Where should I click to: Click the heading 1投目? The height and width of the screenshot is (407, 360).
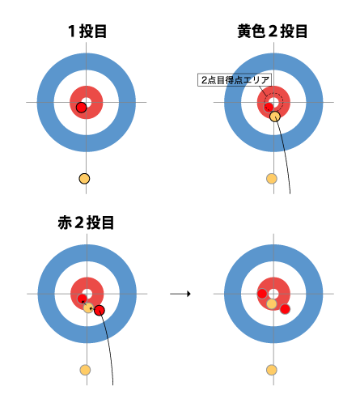pyautogui.click(x=87, y=32)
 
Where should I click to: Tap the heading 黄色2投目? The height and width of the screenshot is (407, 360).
pyautogui.click(x=273, y=32)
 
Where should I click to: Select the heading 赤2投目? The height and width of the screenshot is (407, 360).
pyautogui.click(x=86, y=223)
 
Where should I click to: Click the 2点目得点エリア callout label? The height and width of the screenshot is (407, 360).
pyautogui.click(x=235, y=80)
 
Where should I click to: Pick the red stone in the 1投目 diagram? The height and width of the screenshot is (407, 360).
pyautogui.click(x=81, y=108)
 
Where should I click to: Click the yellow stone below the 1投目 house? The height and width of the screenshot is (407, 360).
pyautogui.click(x=84, y=179)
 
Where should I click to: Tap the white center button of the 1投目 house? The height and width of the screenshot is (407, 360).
pyautogui.click(x=87, y=103)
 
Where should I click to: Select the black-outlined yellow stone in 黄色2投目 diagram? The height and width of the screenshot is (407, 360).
pyautogui.click(x=275, y=117)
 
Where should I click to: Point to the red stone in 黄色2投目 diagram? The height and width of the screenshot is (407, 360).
pyautogui.click(x=269, y=107)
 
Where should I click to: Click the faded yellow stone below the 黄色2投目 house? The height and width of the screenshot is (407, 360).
pyautogui.click(x=272, y=179)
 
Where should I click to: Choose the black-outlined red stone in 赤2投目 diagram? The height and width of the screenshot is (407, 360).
pyautogui.click(x=100, y=310)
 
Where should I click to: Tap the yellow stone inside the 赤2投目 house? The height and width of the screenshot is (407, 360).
pyautogui.click(x=88, y=307)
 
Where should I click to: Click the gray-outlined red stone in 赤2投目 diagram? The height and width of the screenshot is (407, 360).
pyautogui.click(x=83, y=299)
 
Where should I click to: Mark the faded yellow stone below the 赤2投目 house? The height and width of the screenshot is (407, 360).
pyautogui.click(x=85, y=370)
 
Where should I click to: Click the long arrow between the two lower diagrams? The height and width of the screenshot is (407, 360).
pyautogui.click(x=180, y=294)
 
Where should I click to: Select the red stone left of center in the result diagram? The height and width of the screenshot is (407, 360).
pyautogui.click(x=262, y=294)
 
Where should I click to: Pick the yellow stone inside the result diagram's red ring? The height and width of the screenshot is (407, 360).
pyautogui.click(x=272, y=303)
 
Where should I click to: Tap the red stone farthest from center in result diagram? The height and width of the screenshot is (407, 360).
pyautogui.click(x=285, y=309)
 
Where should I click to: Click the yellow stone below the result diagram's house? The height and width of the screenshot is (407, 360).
pyautogui.click(x=272, y=370)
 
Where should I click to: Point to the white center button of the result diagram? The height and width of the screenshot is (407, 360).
pyautogui.click(x=273, y=294)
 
